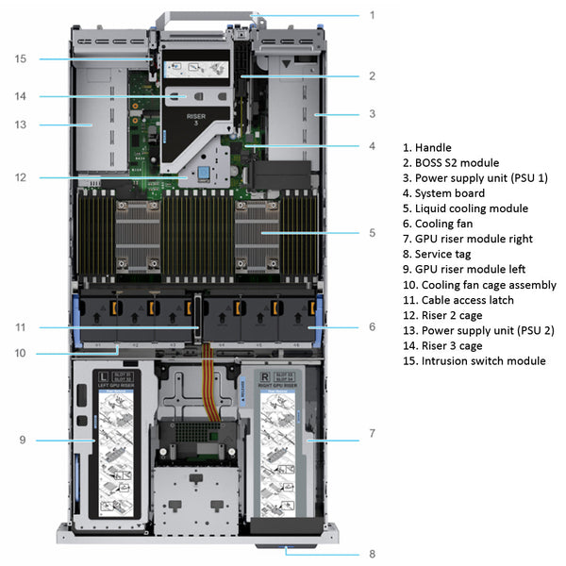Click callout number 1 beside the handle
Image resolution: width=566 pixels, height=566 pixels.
coord(372,15)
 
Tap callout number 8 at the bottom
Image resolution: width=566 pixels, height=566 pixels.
coord(372,555)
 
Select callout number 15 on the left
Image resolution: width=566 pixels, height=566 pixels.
coord(21,58)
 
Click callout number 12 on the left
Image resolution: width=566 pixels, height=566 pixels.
coord(21,177)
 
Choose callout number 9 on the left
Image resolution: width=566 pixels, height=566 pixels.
coord(21,440)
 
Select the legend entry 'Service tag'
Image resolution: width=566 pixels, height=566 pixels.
coord(444,255)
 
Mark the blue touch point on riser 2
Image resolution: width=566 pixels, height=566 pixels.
coord(201,175)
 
